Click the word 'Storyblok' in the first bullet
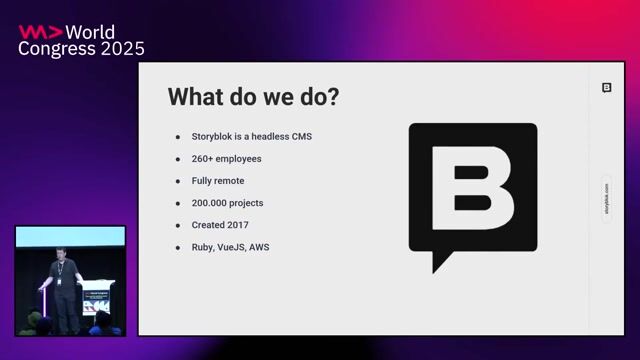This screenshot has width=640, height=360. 213,136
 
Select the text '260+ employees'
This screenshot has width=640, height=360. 227,158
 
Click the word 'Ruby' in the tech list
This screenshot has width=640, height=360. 202,247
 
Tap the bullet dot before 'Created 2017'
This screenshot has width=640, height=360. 178,225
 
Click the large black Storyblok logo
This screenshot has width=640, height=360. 473,190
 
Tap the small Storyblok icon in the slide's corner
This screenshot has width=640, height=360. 606,88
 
